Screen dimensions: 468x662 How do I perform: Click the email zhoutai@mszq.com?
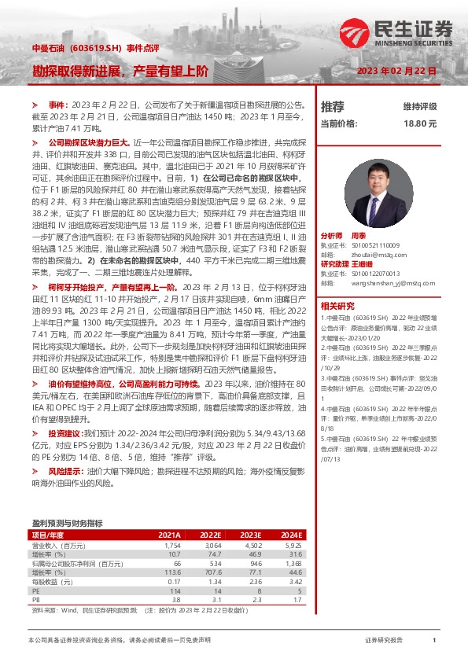coord(373,255)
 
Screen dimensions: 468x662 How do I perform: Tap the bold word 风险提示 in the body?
coord(65,470)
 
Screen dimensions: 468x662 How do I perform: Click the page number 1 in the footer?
coord(433,641)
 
